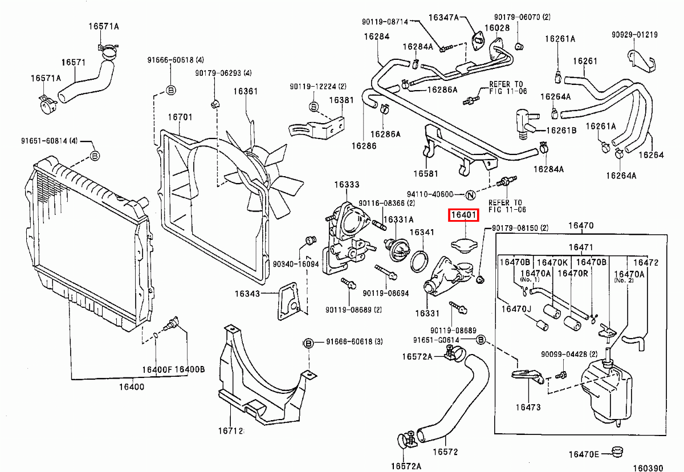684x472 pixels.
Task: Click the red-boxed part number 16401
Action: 464,215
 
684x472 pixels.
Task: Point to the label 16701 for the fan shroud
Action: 180,117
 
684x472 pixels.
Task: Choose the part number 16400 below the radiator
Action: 132,387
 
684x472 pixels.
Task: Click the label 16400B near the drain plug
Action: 189,369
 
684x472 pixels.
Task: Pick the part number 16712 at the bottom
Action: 230,432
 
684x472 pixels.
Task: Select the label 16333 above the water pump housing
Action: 347,185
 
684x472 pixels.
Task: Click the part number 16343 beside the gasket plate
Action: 247,294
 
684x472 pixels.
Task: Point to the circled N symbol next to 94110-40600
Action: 470,194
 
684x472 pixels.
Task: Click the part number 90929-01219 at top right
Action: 634,35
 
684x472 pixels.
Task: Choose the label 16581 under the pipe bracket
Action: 426,173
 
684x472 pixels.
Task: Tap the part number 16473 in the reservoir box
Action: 528,407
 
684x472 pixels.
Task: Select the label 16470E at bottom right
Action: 583,454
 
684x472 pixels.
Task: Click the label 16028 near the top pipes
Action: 497,28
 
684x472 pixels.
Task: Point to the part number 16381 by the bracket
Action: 341,100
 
